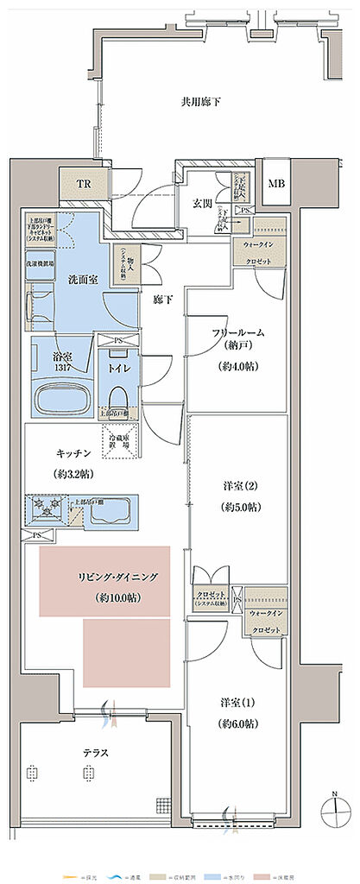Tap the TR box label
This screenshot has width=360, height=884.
coord(83,184)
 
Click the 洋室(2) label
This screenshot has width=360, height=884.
coord(236,488)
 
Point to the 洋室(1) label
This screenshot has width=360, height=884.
coord(237,703)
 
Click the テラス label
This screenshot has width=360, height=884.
coord(94,753)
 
